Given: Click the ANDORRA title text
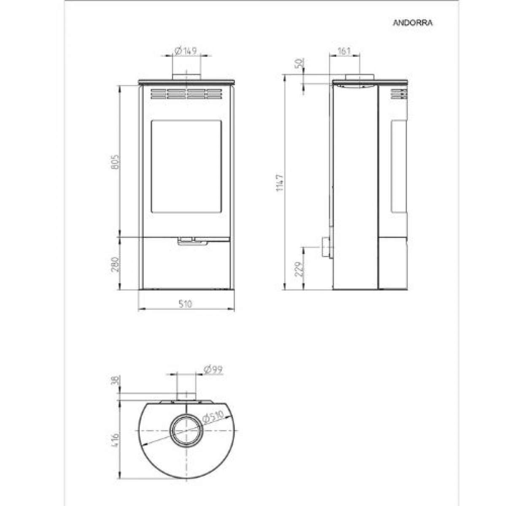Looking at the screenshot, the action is pyautogui.click(x=412, y=23).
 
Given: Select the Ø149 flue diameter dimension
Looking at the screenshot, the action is pyautogui.click(x=186, y=51).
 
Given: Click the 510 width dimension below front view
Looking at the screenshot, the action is pyautogui.click(x=186, y=304).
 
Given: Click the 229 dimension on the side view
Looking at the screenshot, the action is pyautogui.click(x=300, y=269).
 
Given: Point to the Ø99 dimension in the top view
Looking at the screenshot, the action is pyautogui.click(x=213, y=369).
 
